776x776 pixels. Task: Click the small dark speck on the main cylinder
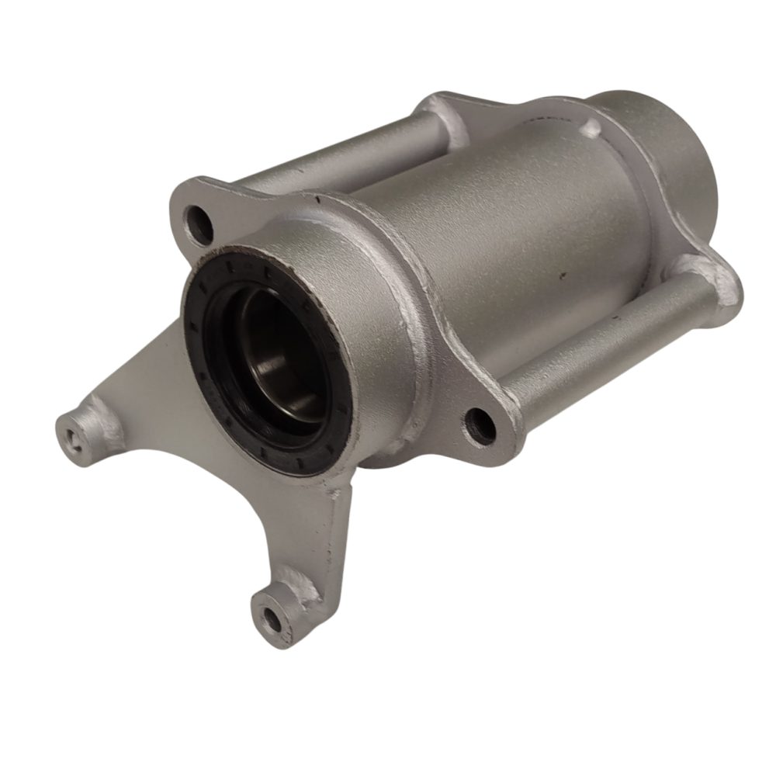point(557,274)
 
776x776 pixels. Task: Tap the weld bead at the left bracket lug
point(101,415)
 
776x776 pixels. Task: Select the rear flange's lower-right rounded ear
point(718,291)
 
